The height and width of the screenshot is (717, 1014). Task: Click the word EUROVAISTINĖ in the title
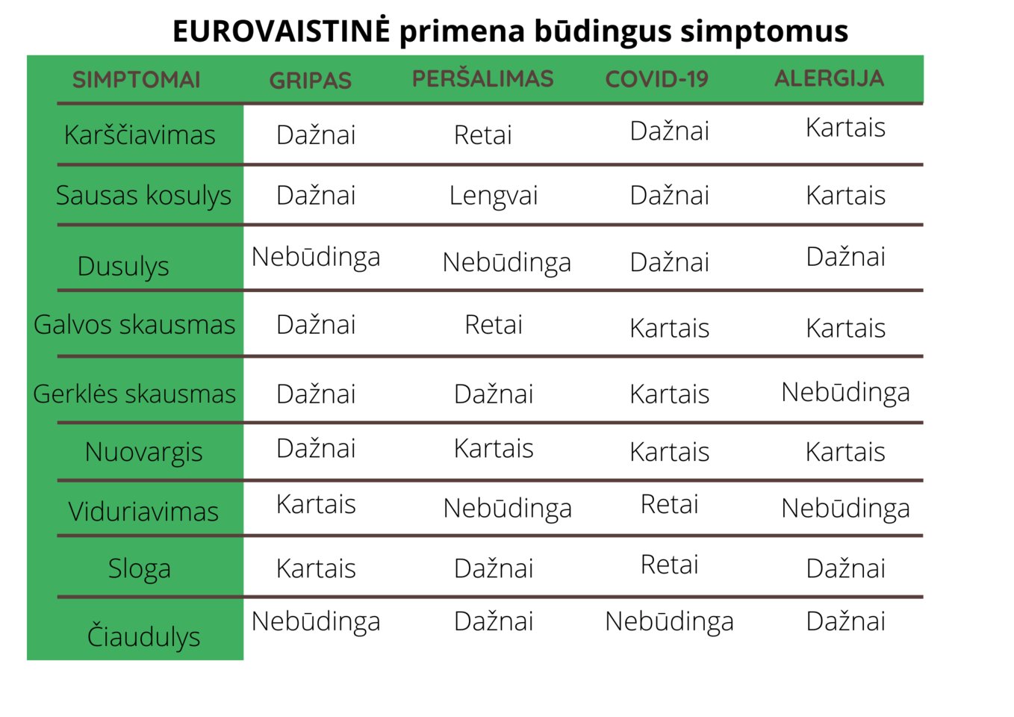click(281, 31)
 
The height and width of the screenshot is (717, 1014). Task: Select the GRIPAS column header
click(310, 81)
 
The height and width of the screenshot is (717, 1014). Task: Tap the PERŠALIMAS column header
click(482, 78)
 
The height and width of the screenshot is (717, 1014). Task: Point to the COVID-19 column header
click(656, 79)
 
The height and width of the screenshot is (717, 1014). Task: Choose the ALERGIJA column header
click(829, 78)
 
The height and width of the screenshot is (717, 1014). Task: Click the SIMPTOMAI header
click(136, 80)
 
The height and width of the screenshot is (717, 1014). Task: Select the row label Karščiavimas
click(140, 134)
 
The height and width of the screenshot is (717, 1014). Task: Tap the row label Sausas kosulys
click(143, 196)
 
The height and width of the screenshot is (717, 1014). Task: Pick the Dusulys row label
click(123, 266)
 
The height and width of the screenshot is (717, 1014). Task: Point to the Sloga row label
click(140, 569)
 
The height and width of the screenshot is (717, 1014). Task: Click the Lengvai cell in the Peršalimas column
click(494, 196)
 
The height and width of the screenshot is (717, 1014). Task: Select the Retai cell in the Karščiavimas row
click(482, 135)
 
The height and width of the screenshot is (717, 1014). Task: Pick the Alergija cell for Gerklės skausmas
click(845, 392)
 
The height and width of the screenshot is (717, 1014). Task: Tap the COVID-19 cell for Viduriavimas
click(669, 504)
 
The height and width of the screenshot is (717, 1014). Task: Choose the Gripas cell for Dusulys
click(316, 257)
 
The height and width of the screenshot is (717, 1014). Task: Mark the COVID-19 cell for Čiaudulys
click(669, 621)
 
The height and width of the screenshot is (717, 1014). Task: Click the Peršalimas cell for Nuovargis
click(494, 449)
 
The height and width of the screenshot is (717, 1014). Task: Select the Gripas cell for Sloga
click(316, 568)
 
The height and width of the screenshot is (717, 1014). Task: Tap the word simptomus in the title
click(764, 31)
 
